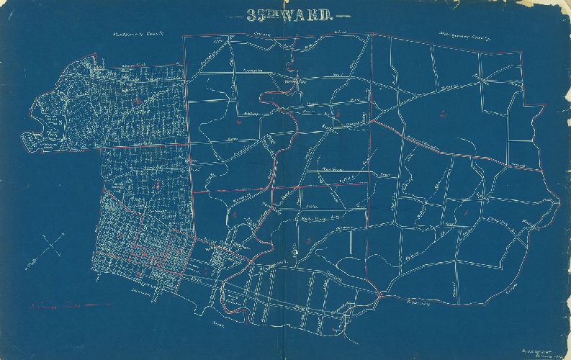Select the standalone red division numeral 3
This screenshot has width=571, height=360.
337,115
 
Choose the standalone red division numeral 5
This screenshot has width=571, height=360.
308,238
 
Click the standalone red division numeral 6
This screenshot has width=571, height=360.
235,215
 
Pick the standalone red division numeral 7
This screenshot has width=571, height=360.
207,271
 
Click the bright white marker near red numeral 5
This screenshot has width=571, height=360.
295,251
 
